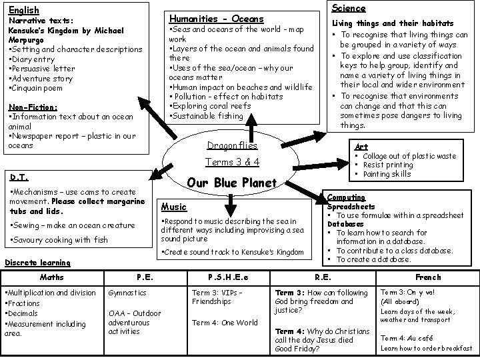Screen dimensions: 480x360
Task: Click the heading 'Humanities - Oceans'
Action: pos(216,19)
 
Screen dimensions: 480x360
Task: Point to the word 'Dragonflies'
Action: pos(231,145)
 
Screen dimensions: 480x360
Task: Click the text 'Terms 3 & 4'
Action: pos(232,162)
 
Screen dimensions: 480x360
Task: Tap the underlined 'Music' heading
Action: pos(174,207)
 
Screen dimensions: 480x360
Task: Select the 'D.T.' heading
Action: pos(18,178)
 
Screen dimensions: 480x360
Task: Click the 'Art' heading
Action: pos(361,147)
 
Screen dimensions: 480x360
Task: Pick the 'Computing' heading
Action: pos(346,197)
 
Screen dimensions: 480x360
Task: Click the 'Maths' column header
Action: pos(51,277)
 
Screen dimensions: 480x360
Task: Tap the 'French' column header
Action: pos(428,277)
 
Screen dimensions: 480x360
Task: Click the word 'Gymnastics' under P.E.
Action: pos(127,293)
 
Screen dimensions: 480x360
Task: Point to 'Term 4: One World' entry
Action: pos(225,323)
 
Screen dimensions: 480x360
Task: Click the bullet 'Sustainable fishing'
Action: pos(209,115)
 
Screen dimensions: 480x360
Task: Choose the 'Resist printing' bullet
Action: pos(388,165)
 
